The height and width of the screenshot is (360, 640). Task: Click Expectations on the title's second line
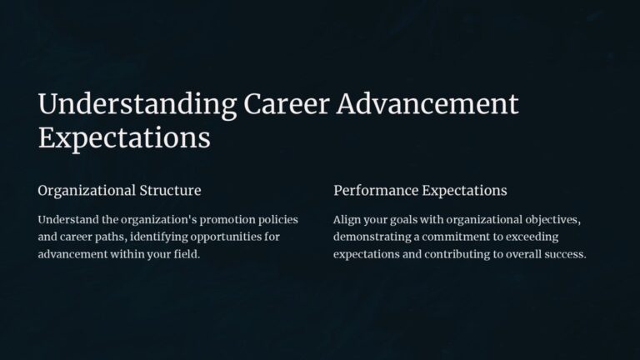coord(124,138)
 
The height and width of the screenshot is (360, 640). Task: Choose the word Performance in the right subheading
coord(375,191)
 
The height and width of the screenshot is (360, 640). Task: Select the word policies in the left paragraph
coord(273,220)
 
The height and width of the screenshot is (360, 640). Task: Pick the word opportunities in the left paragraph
coord(239,237)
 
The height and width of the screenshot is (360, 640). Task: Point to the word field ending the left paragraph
coord(187,254)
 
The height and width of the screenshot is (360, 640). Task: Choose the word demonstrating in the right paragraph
coord(374,237)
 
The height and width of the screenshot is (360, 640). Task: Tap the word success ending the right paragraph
coord(562,254)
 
